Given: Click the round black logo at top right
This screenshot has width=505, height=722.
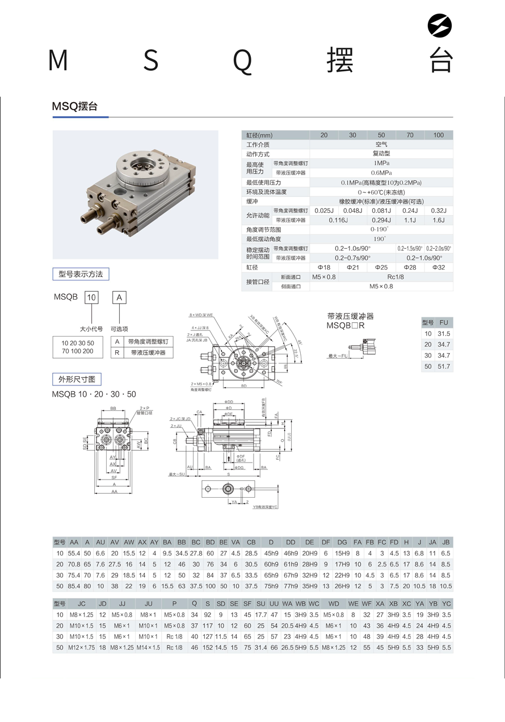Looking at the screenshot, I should (439, 26).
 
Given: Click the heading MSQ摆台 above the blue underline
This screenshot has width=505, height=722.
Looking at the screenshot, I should (75, 106).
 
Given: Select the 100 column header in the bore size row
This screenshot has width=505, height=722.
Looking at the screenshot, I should (438, 135).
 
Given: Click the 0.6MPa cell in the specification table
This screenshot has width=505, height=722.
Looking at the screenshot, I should (381, 173).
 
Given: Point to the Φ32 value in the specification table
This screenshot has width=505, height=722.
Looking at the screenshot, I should (438, 267).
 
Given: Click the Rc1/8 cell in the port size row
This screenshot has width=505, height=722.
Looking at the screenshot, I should (395, 277).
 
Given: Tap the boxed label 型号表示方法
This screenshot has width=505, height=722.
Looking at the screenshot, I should (81, 274).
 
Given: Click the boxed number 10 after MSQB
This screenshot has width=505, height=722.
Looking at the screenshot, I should (91, 297).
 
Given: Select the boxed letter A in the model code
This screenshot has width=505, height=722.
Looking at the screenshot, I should (119, 297).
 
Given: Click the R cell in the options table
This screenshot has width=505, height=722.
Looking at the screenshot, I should (117, 352).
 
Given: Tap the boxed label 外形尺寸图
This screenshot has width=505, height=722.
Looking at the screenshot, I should (77, 379).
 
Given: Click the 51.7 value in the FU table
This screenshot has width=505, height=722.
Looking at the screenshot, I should (444, 367).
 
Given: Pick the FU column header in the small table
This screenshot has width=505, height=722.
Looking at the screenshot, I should (444, 322).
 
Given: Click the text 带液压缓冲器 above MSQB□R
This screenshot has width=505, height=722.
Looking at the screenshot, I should (351, 316).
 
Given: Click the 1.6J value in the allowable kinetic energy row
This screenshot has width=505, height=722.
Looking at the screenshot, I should (438, 220).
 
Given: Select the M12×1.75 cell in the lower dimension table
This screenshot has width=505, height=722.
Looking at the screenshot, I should (82, 648).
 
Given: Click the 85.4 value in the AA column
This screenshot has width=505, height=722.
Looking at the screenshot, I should (74, 586).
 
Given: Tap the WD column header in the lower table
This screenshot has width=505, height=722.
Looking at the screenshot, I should (334, 603).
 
